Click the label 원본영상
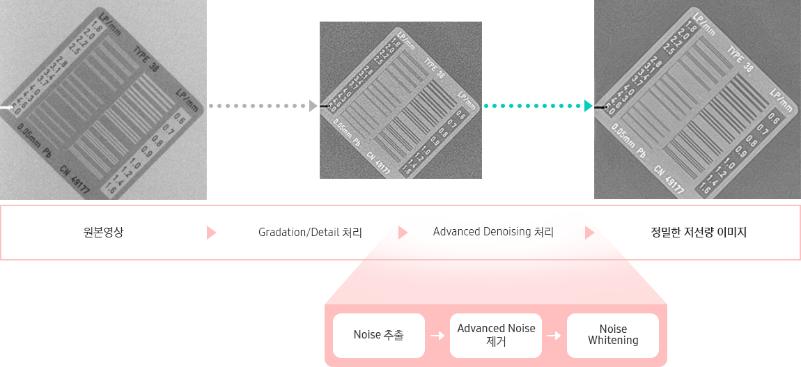(103, 233)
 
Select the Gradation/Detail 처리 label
(310, 233)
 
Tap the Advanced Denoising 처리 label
(493, 232)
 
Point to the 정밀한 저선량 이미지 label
(697, 233)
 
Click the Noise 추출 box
(379, 336)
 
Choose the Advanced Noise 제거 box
(496, 335)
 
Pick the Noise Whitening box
(613, 335)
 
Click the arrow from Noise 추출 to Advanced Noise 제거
(437, 336)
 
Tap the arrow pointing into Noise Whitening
(554, 336)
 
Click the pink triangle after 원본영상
(212, 233)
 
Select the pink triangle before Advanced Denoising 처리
(403, 233)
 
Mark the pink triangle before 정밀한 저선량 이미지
(590, 233)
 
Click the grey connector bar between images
(263, 106)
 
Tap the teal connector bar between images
(537, 106)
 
